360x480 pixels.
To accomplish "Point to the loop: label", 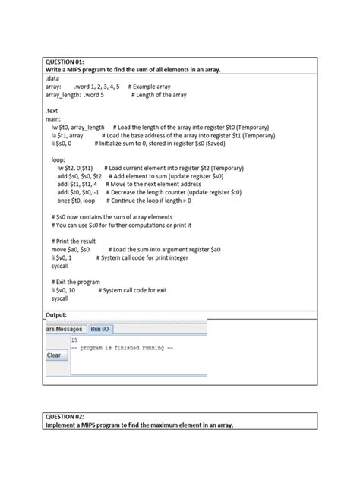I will pyautogui.click(x=58, y=159).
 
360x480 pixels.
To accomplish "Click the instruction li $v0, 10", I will pyautogui.click(x=64, y=290).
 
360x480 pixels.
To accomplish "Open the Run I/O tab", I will pyautogui.click(x=100, y=329).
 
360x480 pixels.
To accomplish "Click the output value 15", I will pyautogui.click(x=74, y=341).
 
